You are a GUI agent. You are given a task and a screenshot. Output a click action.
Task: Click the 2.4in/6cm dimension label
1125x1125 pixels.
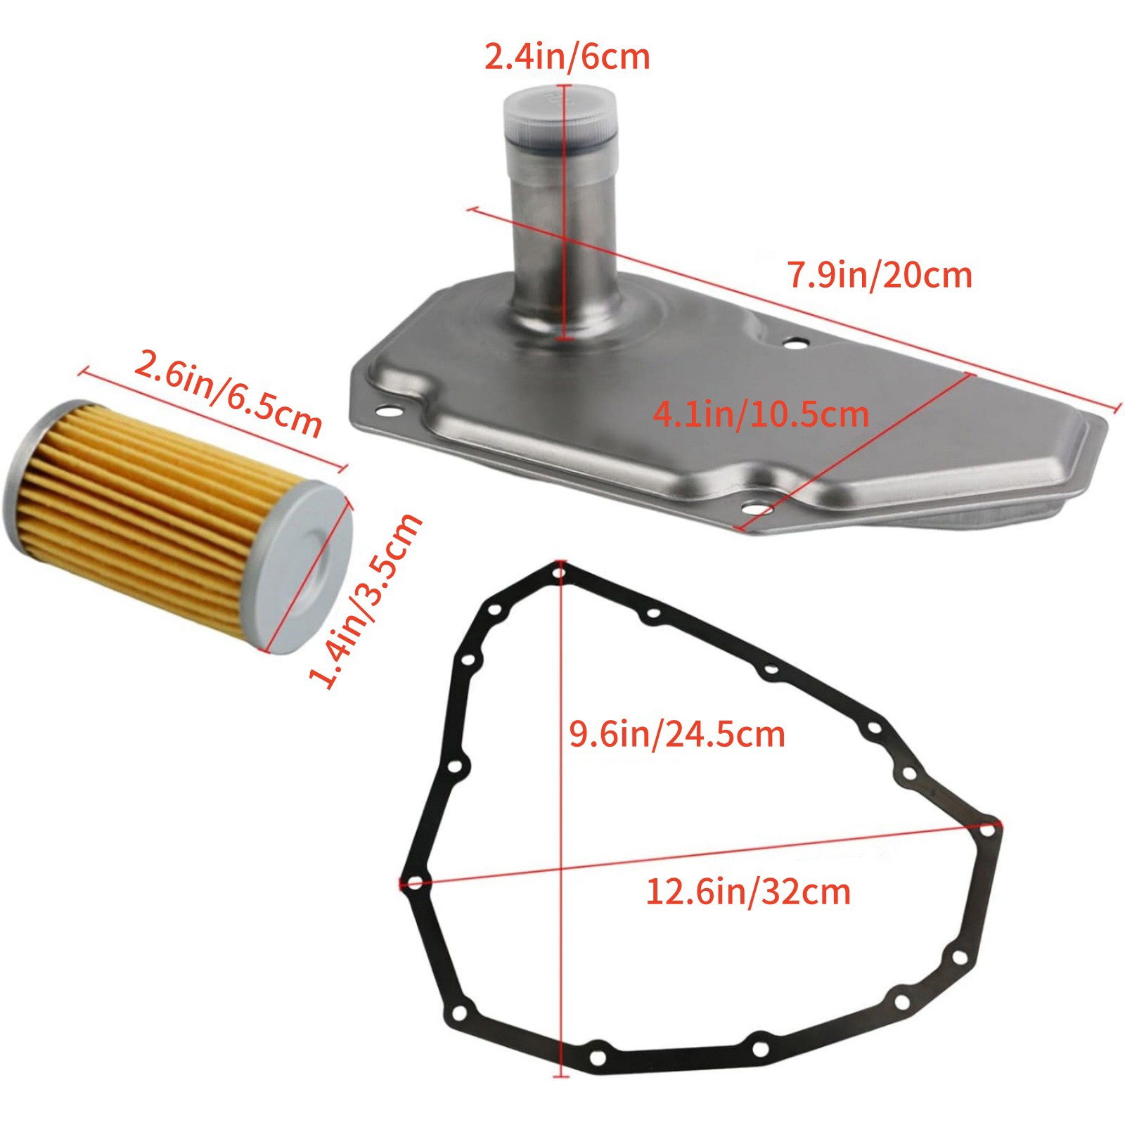(x=567, y=56)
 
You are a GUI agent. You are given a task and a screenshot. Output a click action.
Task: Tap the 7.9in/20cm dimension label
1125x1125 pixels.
(x=880, y=274)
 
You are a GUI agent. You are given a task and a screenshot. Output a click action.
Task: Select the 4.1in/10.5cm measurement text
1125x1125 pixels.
(x=761, y=414)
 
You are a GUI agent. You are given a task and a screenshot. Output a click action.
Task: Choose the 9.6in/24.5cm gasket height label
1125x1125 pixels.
(x=676, y=734)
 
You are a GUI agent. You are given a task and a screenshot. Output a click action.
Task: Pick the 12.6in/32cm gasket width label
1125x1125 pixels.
(x=748, y=892)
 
